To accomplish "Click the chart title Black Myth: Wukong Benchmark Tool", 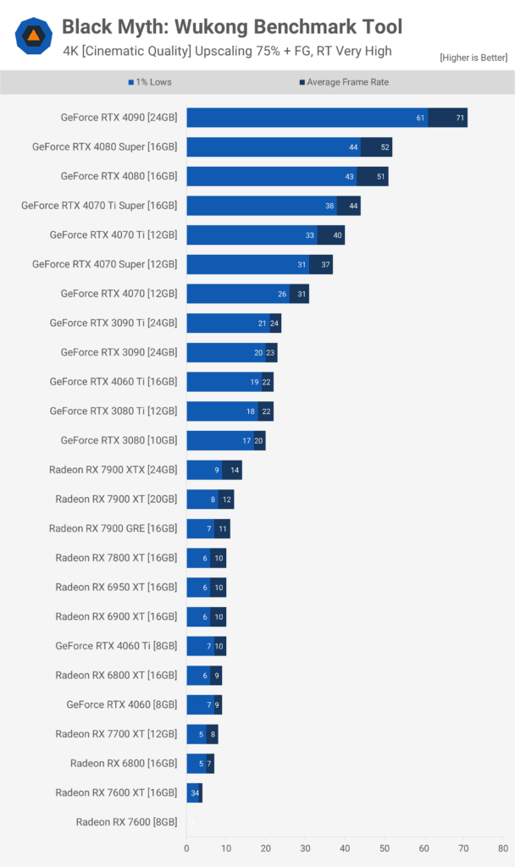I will click(x=232, y=27).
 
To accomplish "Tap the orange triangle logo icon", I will click(x=33, y=36).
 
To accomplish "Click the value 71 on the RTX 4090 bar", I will click(x=460, y=118).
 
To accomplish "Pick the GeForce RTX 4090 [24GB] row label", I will click(x=119, y=118).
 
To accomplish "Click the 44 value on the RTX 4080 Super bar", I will click(x=353, y=147).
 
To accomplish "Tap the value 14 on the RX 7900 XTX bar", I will click(x=235, y=470).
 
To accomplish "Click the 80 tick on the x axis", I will click(x=502, y=846).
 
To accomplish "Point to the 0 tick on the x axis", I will click(x=186, y=846).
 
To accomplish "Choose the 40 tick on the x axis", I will click(x=345, y=846).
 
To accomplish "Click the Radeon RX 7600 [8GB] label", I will click(x=126, y=822).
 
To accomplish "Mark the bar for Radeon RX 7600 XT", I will click(x=194, y=792).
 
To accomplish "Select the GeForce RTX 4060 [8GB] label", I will click(x=122, y=704).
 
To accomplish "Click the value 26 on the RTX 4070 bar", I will click(x=281, y=294).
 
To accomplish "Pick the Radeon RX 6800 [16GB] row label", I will click(x=124, y=764).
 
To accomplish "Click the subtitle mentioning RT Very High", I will click(x=227, y=51).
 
